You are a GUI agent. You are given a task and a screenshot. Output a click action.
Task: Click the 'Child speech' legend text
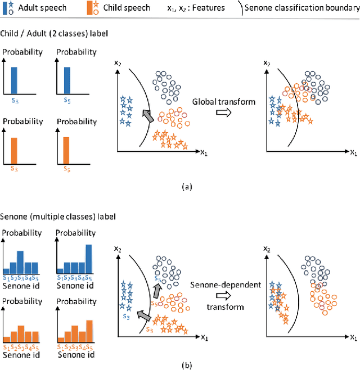click(127, 8)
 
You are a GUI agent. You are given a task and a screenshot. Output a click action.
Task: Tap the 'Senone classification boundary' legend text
click(304, 8)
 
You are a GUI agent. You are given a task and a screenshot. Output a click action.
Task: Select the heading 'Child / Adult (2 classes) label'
click(54, 34)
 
